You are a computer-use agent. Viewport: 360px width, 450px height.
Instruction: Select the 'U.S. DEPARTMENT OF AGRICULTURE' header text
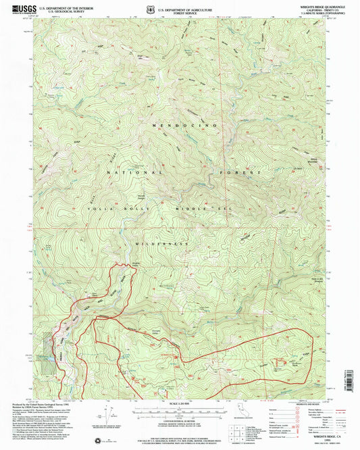coord(184,8)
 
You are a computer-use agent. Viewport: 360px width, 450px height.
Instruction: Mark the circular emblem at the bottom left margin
coord(101,441)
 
